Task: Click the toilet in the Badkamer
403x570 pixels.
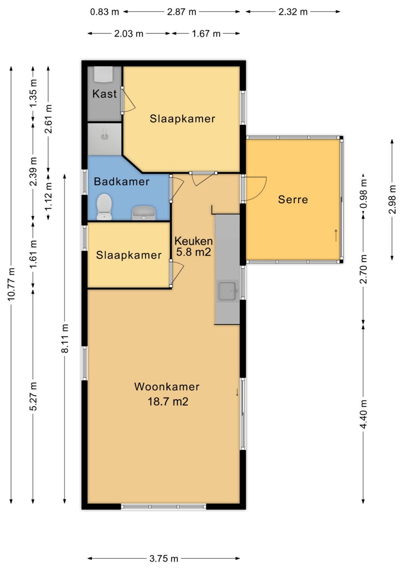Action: pyautogui.click(x=104, y=207)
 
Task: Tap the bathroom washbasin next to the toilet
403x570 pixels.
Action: pyautogui.click(x=144, y=213)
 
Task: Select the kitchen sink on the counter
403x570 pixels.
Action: pyautogui.click(x=228, y=291)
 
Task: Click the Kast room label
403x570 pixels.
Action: pyautogui.click(x=105, y=94)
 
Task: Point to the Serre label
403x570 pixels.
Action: pyautogui.click(x=293, y=200)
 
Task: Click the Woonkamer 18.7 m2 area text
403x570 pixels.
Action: pyautogui.click(x=167, y=394)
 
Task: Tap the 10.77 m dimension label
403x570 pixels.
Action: pyautogui.click(x=11, y=284)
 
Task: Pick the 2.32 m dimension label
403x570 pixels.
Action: pyautogui.click(x=293, y=12)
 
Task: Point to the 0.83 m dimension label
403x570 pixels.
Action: pyautogui.click(x=105, y=12)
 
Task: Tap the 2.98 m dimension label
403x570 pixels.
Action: pyautogui.click(x=392, y=200)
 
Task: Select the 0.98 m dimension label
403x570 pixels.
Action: pyautogui.click(x=363, y=194)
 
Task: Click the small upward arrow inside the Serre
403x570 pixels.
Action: pyautogui.click(x=336, y=235)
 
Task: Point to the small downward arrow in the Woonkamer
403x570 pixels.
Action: pyautogui.click(x=237, y=392)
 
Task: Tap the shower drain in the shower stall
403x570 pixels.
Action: pyautogui.click(x=104, y=137)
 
